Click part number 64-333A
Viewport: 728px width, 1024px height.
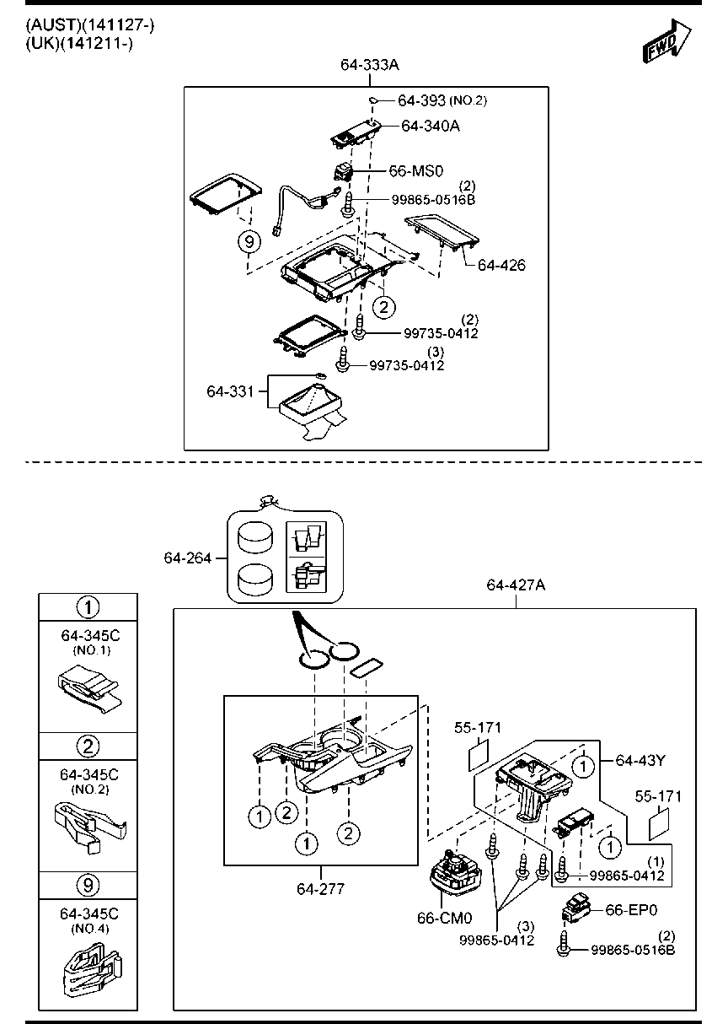tap(369, 64)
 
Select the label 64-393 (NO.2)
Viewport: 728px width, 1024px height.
tap(442, 100)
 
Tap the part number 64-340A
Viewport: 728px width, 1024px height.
tap(431, 126)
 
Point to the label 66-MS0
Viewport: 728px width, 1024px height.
tap(415, 171)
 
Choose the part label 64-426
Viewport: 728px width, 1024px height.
tap(501, 265)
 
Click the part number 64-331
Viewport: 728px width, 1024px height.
tap(231, 391)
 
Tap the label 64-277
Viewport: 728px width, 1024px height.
tap(319, 888)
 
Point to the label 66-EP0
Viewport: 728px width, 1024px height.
tap(631, 910)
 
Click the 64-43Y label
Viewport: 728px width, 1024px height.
tap(640, 760)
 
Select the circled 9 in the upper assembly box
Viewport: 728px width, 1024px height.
tap(249, 242)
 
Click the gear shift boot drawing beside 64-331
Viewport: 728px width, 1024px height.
tap(312, 405)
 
